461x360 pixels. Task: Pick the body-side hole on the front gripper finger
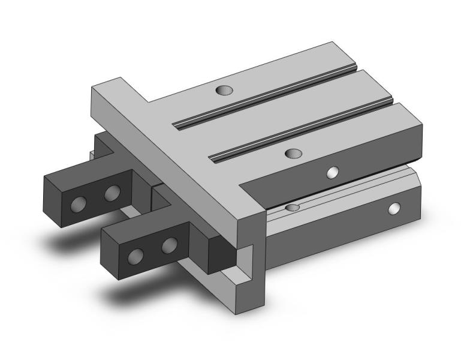pos(170,244)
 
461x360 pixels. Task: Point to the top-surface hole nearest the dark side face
pos(293,154)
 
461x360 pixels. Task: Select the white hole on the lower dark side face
pos(394,208)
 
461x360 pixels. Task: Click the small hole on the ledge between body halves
pos(292,208)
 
